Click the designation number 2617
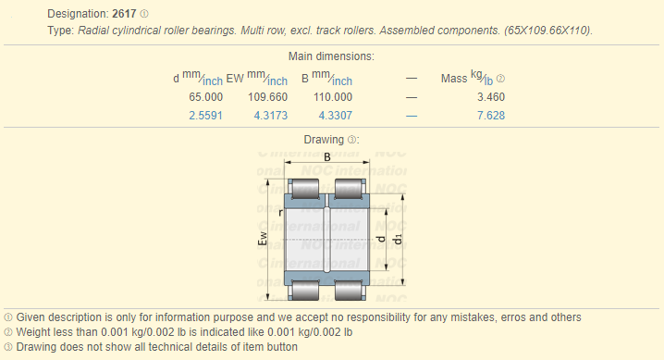124,14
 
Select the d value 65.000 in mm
206,97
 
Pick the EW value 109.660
267,97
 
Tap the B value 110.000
333,97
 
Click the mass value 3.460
491,97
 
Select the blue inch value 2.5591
206,116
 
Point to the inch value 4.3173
271,116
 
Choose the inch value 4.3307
336,116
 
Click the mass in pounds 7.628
491,116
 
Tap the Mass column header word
454,79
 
